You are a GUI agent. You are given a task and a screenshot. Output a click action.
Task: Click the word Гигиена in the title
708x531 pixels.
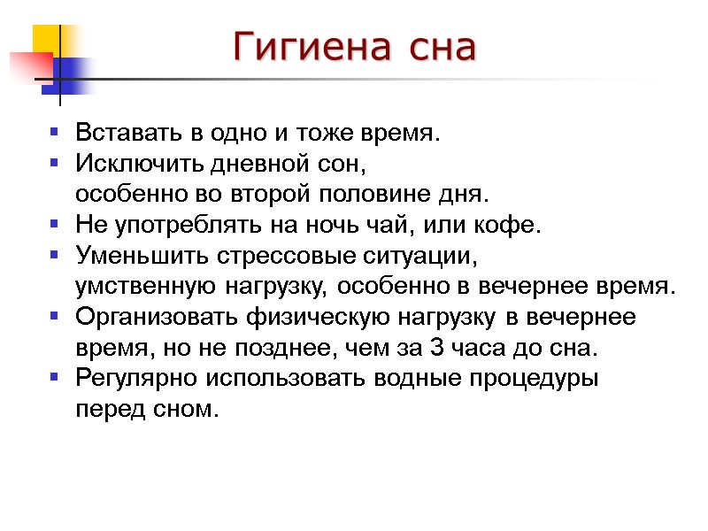click(x=311, y=48)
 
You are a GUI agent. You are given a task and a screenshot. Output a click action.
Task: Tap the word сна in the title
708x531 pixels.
click(x=442, y=48)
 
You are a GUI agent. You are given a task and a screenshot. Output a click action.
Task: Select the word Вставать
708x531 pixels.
click(x=130, y=135)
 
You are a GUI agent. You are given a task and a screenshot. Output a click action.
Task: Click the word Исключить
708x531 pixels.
click(x=129, y=165)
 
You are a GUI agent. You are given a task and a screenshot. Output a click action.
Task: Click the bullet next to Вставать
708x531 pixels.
click(x=54, y=134)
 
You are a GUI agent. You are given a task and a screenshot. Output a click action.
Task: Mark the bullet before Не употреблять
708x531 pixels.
click(x=54, y=224)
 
